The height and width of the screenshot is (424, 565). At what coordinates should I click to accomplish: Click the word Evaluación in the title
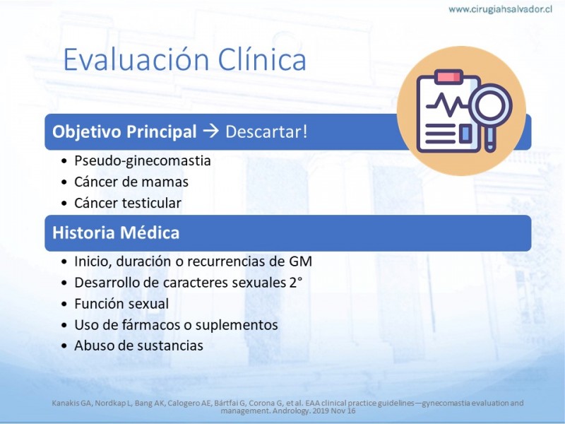point(136,59)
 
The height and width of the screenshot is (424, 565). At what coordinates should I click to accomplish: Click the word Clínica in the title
point(262,59)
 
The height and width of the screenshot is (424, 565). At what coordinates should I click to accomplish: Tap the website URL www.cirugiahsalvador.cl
point(500,9)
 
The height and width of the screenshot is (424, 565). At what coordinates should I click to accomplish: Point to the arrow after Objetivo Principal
point(211,131)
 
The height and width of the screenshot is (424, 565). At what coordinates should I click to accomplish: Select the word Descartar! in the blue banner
point(267,131)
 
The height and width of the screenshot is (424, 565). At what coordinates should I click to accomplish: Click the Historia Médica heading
point(116,232)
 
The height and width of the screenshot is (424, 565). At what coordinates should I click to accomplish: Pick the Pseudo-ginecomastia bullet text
point(143,161)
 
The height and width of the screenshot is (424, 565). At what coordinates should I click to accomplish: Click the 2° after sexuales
point(295,282)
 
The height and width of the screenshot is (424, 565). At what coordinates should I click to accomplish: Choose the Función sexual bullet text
point(121,304)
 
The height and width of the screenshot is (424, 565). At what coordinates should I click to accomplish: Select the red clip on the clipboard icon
point(448,77)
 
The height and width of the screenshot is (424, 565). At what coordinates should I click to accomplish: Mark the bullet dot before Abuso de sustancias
point(64,346)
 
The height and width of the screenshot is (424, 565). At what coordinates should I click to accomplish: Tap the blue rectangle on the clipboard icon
point(465,133)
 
